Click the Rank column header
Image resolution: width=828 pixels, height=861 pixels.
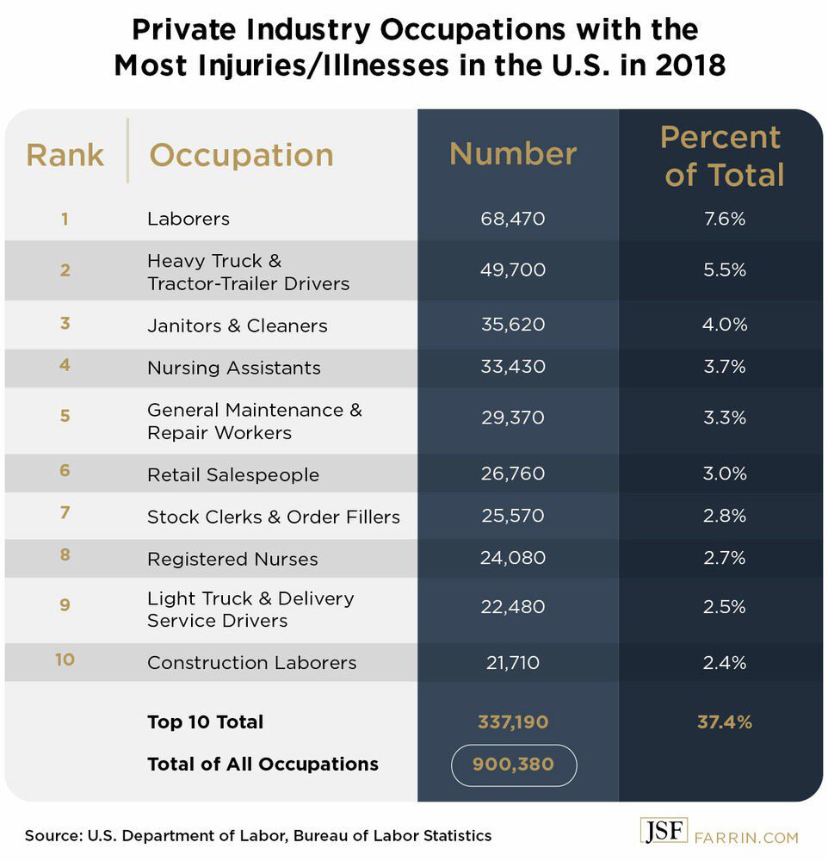(x=65, y=155)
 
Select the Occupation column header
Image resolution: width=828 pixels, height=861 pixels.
(x=241, y=155)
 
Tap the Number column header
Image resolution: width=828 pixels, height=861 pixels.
(x=513, y=153)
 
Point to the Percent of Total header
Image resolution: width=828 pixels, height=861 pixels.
(x=721, y=156)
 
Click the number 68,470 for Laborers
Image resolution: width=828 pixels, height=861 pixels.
(x=513, y=219)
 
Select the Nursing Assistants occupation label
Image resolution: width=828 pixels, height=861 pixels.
(x=233, y=368)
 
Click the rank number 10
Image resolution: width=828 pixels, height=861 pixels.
(x=65, y=660)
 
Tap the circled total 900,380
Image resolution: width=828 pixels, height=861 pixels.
(x=513, y=765)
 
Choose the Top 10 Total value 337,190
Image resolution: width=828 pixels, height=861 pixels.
(x=513, y=722)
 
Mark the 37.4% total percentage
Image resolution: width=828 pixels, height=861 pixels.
(x=724, y=722)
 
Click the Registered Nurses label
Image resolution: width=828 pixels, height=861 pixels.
(x=232, y=559)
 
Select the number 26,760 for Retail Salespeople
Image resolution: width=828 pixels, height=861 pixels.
(x=513, y=474)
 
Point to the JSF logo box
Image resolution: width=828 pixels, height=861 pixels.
(x=664, y=833)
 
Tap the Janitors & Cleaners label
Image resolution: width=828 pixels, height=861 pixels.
(x=237, y=325)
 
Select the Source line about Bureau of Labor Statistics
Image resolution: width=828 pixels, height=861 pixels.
(x=258, y=835)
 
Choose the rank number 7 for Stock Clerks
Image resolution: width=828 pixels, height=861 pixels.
(x=65, y=513)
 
